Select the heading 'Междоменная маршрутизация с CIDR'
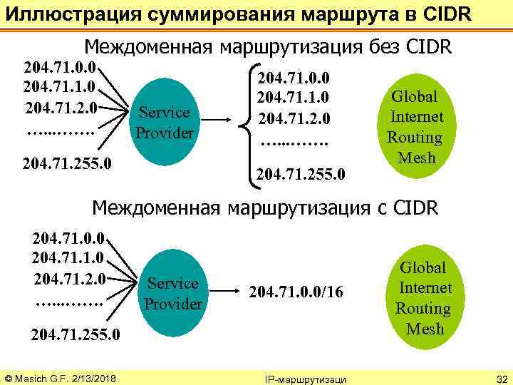point(267,207)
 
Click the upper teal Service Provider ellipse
point(165,121)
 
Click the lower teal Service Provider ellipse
point(172,292)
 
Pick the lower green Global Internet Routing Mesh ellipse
point(423,297)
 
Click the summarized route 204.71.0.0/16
point(298,292)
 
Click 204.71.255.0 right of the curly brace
point(301,173)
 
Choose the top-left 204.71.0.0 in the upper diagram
point(60,69)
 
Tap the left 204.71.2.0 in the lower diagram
point(68,277)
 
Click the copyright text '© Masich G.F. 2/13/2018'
point(61,376)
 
